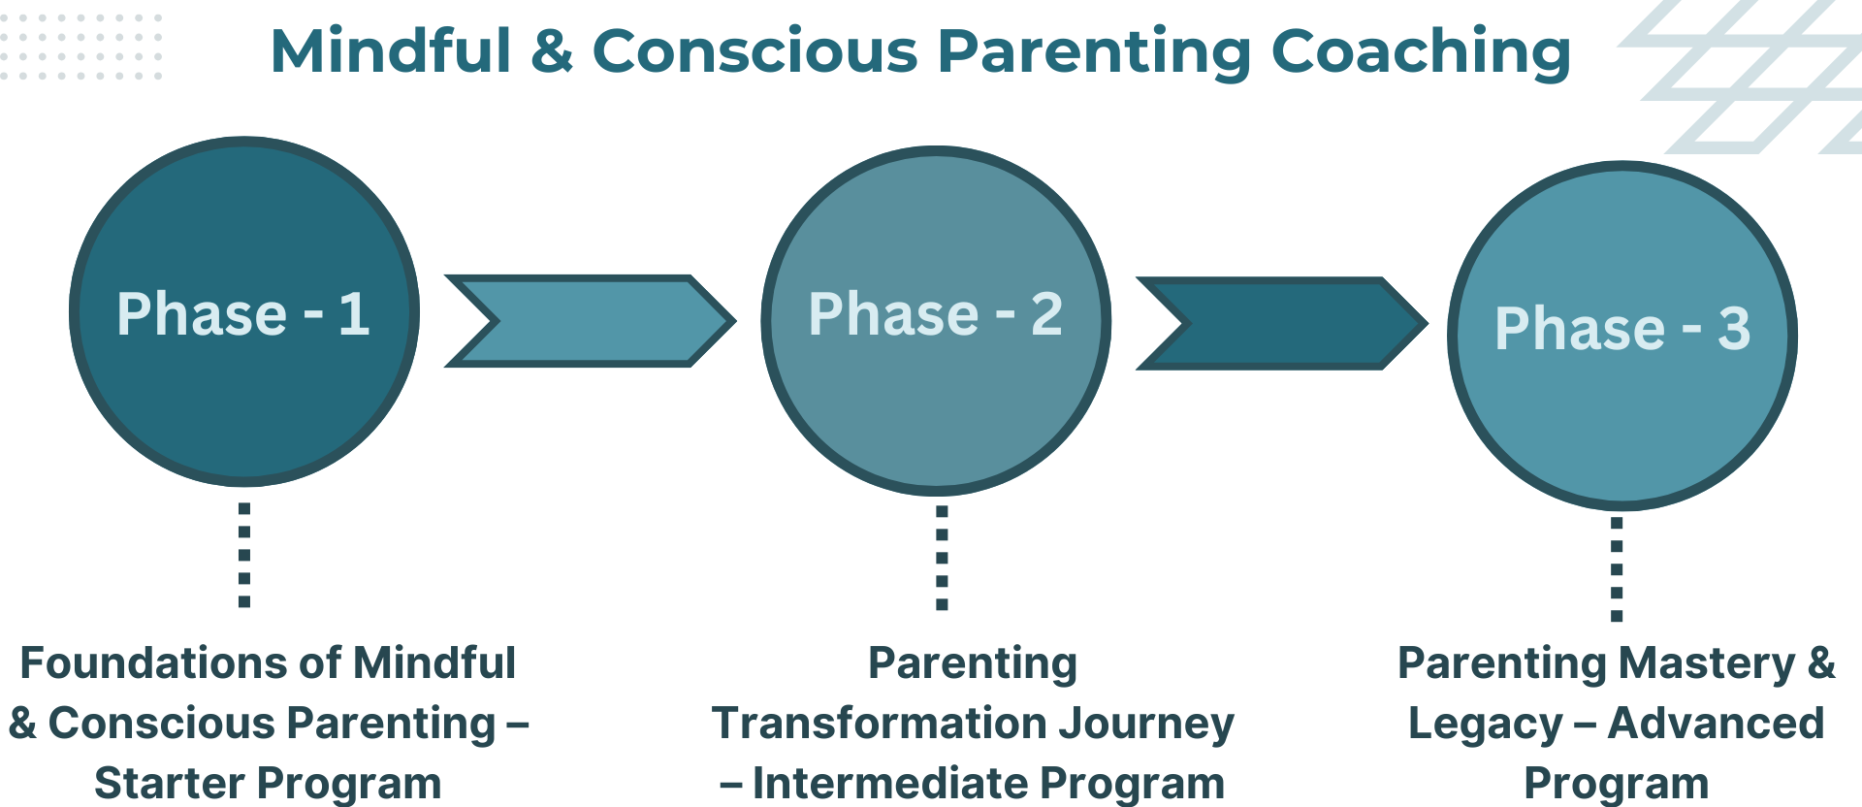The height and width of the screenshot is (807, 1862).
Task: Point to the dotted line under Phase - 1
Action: click(244, 555)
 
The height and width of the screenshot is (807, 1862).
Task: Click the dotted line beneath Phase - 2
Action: click(942, 558)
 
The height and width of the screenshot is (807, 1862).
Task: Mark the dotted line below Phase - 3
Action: click(1617, 569)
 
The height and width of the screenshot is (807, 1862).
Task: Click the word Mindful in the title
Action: click(390, 51)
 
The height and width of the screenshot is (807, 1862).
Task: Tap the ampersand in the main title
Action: click(552, 51)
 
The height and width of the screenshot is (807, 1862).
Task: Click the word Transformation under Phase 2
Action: click(879, 724)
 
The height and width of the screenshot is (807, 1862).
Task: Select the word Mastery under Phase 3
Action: click(1706, 663)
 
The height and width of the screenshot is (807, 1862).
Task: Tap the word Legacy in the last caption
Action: click(1484, 724)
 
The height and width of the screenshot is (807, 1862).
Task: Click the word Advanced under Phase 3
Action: click(1716, 724)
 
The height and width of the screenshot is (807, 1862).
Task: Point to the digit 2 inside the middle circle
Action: click(1047, 314)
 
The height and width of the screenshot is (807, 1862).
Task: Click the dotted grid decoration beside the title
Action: click(81, 46)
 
